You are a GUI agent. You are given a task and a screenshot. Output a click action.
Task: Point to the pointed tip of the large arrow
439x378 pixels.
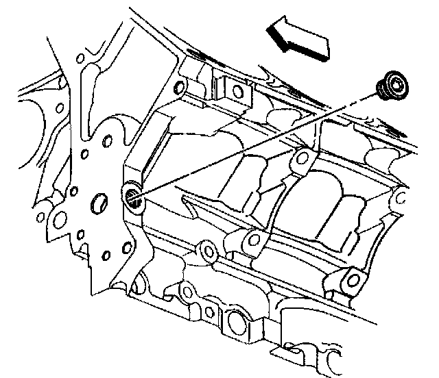268,29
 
